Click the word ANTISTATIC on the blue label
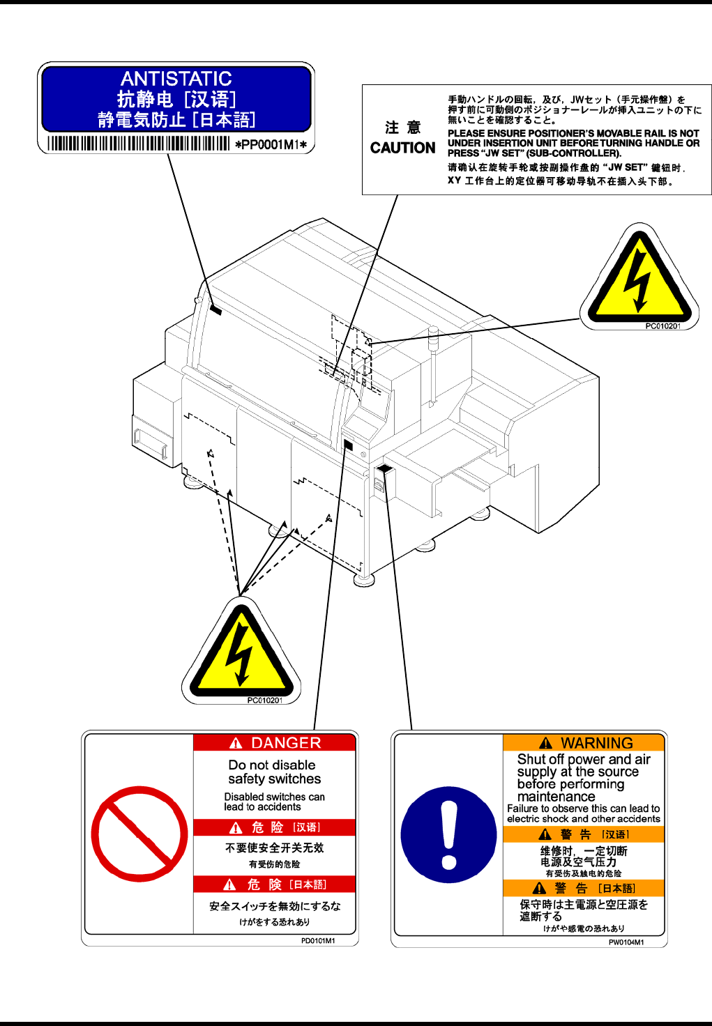(x=176, y=79)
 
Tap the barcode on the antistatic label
(x=138, y=144)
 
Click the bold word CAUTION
(x=402, y=148)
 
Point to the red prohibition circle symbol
(x=139, y=834)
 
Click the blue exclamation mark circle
(x=449, y=834)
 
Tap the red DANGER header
(x=275, y=743)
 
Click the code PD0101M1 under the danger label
(x=318, y=940)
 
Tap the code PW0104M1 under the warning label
(x=626, y=942)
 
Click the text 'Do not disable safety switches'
(x=274, y=772)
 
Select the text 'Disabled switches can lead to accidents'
(x=274, y=802)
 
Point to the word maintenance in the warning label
(x=556, y=796)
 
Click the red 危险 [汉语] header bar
(x=275, y=827)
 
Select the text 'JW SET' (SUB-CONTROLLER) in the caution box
(x=534, y=153)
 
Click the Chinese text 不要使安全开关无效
(x=274, y=848)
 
